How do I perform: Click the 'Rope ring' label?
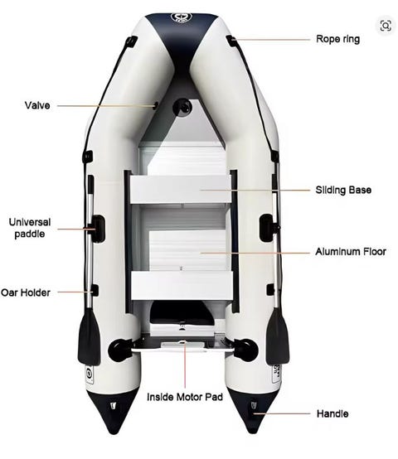[x=338, y=39]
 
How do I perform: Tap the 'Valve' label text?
[x=37, y=105]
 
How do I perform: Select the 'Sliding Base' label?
[x=343, y=190]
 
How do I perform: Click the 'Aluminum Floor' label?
[x=351, y=251]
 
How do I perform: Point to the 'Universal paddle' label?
[x=30, y=228]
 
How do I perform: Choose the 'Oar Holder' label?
[x=26, y=292]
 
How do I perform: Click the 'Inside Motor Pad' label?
[x=185, y=397]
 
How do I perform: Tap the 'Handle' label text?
[x=332, y=413]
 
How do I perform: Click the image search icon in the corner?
[x=386, y=26]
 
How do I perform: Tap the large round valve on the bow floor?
[x=182, y=108]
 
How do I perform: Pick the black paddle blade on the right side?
[x=277, y=336]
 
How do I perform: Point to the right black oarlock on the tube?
[x=267, y=228]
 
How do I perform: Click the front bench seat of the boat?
[x=181, y=190]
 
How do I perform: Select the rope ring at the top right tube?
[x=231, y=41]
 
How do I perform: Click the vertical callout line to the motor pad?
[x=185, y=365]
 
